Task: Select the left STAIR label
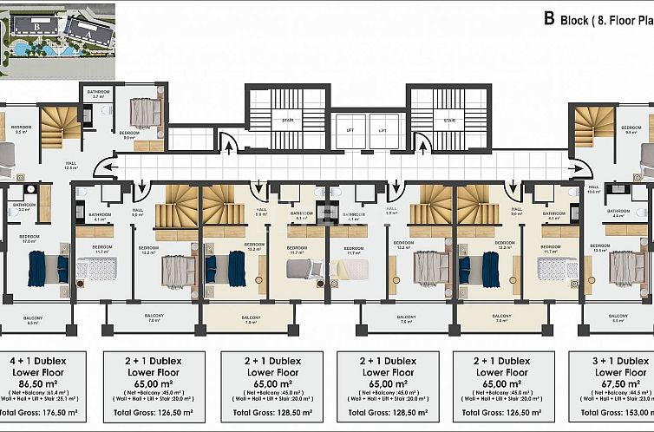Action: point(285,121)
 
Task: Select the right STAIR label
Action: point(449,121)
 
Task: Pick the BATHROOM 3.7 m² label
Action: point(97,95)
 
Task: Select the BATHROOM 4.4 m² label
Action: point(618,213)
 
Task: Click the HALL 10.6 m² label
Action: point(593,189)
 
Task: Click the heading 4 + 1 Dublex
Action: point(37,360)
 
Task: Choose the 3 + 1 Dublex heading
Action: point(617,360)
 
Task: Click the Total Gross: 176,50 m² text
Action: point(37,414)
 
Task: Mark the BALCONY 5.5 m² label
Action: point(618,319)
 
